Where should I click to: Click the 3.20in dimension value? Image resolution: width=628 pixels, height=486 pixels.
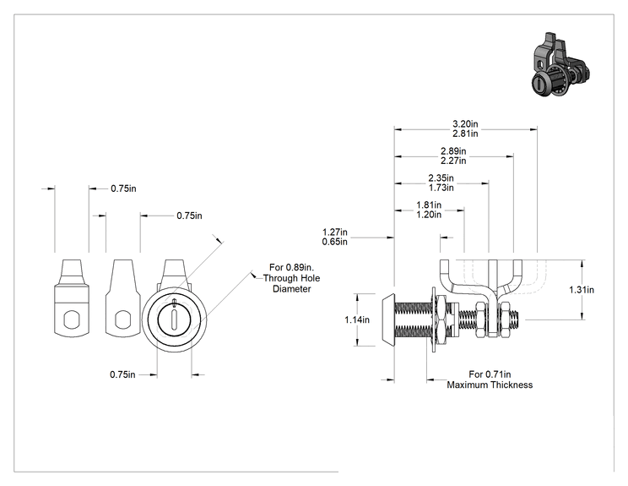click(465, 124)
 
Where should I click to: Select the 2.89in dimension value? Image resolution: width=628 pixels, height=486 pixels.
click(453, 151)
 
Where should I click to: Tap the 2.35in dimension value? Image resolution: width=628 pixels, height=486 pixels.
click(441, 177)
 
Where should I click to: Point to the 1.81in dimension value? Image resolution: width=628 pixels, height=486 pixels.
click(429, 205)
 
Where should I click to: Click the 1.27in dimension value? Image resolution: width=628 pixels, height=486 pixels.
click(335, 232)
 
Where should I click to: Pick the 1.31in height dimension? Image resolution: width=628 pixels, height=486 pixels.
click(582, 290)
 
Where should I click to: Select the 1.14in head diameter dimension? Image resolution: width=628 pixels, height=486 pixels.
click(357, 320)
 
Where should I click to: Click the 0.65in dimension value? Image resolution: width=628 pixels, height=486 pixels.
click(335, 242)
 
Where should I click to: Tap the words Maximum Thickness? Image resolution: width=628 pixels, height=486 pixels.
click(490, 385)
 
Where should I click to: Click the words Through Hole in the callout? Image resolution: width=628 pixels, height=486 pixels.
click(291, 278)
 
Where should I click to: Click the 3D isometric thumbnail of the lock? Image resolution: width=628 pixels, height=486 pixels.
click(560, 65)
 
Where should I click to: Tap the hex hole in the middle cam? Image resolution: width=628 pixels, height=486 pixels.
click(123, 319)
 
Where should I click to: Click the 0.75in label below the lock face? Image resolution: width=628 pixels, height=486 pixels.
click(122, 374)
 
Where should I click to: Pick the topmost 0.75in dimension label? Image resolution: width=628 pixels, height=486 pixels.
click(123, 188)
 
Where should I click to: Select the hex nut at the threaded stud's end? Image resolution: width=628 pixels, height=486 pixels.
click(506, 319)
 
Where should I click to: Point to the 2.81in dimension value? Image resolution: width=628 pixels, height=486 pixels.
click(465, 134)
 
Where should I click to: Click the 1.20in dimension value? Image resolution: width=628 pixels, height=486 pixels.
click(429, 215)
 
